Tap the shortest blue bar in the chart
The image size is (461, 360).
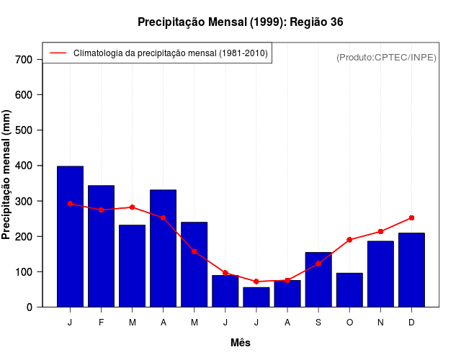point(256,297)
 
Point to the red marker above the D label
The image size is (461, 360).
point(411,217)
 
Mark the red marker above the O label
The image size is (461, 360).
point(349,240)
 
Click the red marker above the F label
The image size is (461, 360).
point(101,210)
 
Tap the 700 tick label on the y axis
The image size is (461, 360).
point(24,59)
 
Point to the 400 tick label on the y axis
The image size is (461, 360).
point(24,166)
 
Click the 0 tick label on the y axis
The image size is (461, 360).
point(30,307)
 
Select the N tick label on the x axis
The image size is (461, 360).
point(380,323)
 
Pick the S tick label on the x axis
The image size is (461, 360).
point(318,323)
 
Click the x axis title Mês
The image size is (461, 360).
point(241,343)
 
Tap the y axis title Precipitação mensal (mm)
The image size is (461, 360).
point(7,175)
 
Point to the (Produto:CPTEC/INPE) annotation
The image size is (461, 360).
point(386,57)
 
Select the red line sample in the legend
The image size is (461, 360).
point(58,53)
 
